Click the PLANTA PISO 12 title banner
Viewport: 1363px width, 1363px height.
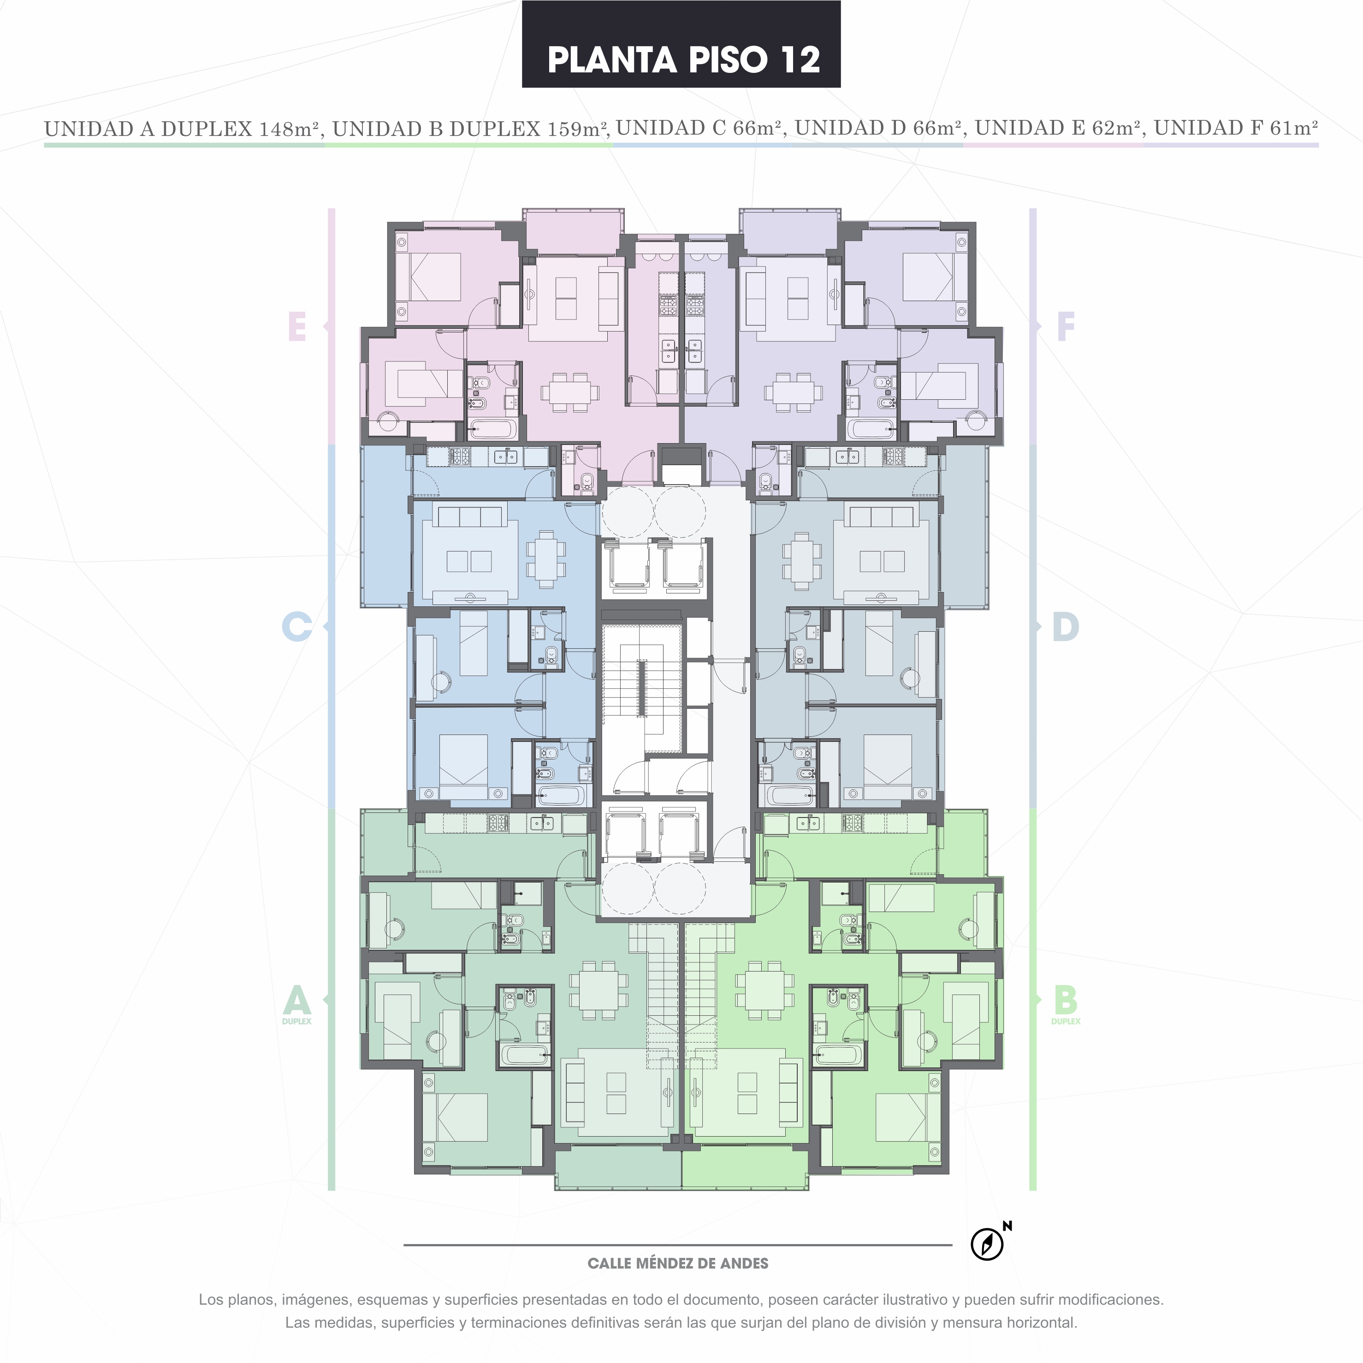(681, 44)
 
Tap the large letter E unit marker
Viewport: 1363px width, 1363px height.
(297, 326)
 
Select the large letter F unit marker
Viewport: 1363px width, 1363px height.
(1065, 326)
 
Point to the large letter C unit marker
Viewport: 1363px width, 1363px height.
(297, 627)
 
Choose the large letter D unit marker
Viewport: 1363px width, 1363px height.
(1065, 627)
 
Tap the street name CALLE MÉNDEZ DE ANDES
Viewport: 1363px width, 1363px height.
(678, 1263)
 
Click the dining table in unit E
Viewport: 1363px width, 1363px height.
(570, 392)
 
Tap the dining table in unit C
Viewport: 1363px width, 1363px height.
(546, 559)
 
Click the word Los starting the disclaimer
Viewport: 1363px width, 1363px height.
(211, 1299)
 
